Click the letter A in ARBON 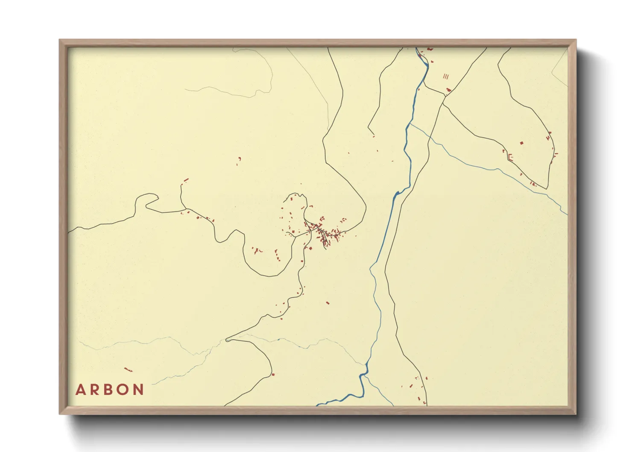[80, 390]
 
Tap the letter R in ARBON [94, 390]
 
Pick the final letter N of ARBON [138, 390]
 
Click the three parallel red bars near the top [446, 76]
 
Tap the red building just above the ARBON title [128, 370]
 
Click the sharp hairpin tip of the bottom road [227, 340]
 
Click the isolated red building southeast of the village [328, 303]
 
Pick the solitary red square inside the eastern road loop [521, 143]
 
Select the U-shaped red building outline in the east [510, 157]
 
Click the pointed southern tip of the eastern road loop [547, 188]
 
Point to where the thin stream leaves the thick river [410, 124]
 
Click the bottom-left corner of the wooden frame [60, 414]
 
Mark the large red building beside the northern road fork [448, 90]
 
